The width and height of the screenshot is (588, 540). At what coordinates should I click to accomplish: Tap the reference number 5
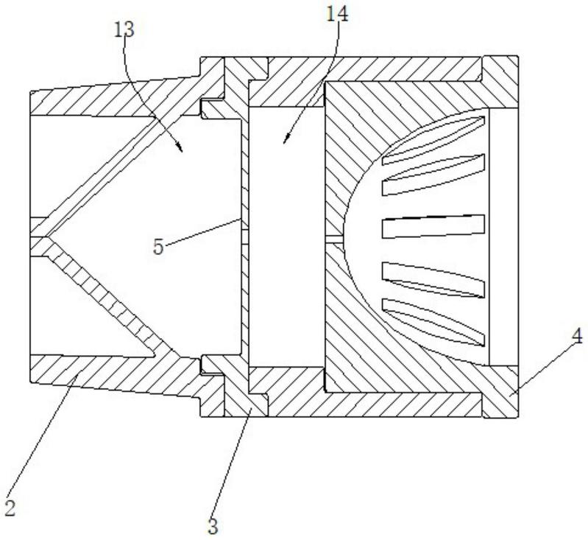[158, 246]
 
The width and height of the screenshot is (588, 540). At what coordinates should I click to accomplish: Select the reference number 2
[10, 508]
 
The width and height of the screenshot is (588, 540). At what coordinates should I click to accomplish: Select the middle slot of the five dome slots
[433, 226]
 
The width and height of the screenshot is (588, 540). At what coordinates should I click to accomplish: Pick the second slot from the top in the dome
[434, 177]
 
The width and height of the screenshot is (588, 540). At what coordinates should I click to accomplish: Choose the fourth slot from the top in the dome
[434, 278]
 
